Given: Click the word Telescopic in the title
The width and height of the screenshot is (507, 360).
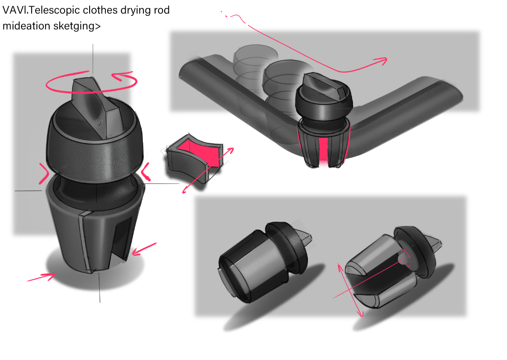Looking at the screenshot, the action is (57, 11).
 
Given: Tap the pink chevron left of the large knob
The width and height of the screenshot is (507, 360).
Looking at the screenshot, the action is (43, 173).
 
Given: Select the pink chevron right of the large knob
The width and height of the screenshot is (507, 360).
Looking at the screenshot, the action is (145, 172).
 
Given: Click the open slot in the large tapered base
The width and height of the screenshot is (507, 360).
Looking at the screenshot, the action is (123, 235).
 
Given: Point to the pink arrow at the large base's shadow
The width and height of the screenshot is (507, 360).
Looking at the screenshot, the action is (41, 277).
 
